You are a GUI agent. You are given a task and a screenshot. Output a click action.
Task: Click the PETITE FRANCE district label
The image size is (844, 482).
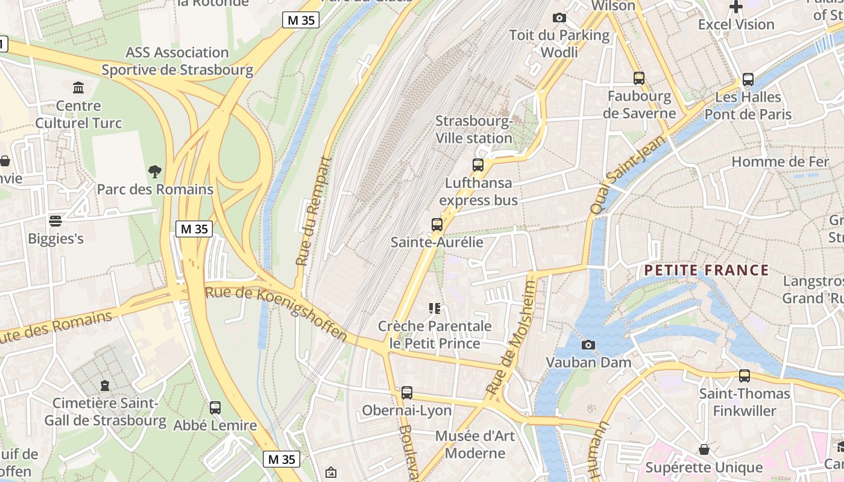click(706, 270)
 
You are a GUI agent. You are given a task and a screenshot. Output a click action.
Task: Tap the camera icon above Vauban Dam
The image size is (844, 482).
click(588, 345)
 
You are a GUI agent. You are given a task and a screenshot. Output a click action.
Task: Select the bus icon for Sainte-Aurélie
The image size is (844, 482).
click(437, 225)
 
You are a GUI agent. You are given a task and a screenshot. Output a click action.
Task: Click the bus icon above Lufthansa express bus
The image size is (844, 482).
click(478, 164)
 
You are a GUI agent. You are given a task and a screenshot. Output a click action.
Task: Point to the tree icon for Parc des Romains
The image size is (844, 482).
click(155, 172)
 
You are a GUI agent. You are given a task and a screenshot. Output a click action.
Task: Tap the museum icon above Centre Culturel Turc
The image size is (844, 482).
click(78, 88)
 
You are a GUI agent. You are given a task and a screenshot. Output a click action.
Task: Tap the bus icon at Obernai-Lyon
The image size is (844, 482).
click(407, 393)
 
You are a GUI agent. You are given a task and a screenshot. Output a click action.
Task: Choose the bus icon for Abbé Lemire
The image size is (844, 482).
click(215, 408)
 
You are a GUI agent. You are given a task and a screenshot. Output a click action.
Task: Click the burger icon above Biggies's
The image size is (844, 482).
click(55, 221)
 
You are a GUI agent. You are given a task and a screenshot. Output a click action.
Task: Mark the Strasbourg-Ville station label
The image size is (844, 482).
click(474, 130)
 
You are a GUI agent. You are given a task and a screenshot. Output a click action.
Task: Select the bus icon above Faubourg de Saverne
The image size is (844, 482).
click(639, 78)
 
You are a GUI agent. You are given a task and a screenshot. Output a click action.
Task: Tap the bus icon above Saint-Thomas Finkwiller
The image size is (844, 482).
click(745, 376)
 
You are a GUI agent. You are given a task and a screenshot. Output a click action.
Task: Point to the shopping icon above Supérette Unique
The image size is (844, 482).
click(704, 449)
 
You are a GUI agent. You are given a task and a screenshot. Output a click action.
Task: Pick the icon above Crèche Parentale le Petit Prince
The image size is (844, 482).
click(435, 308)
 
